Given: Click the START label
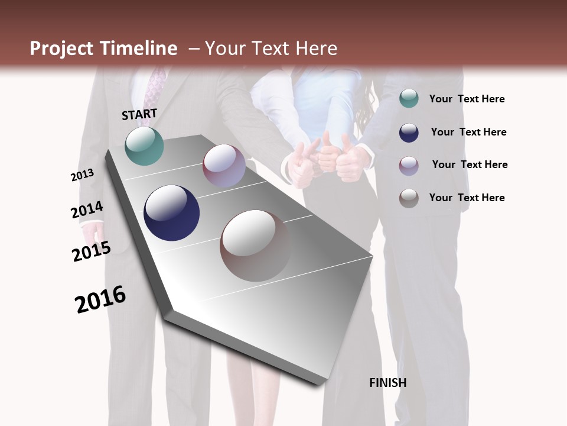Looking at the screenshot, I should tap(139, 114).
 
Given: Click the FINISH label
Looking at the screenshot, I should tap(388, 383).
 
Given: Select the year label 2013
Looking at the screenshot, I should tap(82, 175).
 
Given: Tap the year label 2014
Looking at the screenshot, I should tap(87, 210).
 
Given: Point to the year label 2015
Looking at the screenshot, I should tap(92, 251).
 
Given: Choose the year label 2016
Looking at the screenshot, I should tap(100, 299).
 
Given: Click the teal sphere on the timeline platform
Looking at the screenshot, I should tap(145, 146).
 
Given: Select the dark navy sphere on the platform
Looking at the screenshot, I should tap(171, 212).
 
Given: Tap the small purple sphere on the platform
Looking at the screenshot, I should tap(224, 166).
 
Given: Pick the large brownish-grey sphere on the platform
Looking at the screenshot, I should tap(255, 246).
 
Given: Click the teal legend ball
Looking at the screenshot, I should tap(409, 99).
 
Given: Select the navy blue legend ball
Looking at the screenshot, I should tap(409, 133).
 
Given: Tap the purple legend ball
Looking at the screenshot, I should tap(409, 166).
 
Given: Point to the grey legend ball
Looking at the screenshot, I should tap(409, 198).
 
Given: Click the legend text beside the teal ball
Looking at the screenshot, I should tap(467, 99).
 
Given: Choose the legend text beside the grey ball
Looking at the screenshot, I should tap(467, 198).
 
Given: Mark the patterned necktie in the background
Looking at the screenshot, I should tap(155, 89).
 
